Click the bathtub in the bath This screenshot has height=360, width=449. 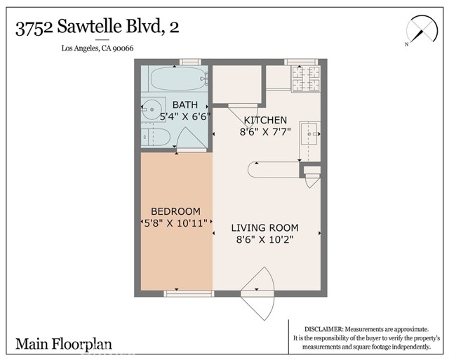(175, 79)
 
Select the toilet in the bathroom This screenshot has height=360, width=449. (152, 135)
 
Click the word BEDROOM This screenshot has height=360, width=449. (176, 211)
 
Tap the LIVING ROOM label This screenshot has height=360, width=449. (265, 228)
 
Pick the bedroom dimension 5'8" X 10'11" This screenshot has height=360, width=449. (175, 223)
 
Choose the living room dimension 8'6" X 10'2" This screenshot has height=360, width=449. (265, 239)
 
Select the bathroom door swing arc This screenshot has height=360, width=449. (184, 140)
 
